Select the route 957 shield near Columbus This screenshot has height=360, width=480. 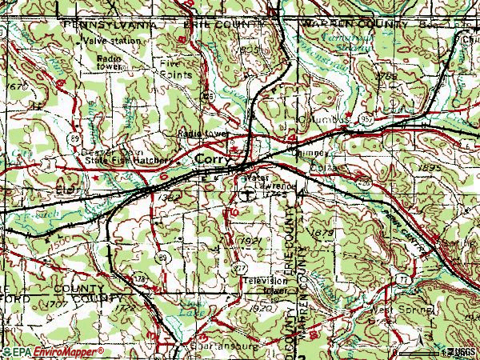click(x=365, y=118)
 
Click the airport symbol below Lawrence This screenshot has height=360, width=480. click(x=249, y=194)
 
